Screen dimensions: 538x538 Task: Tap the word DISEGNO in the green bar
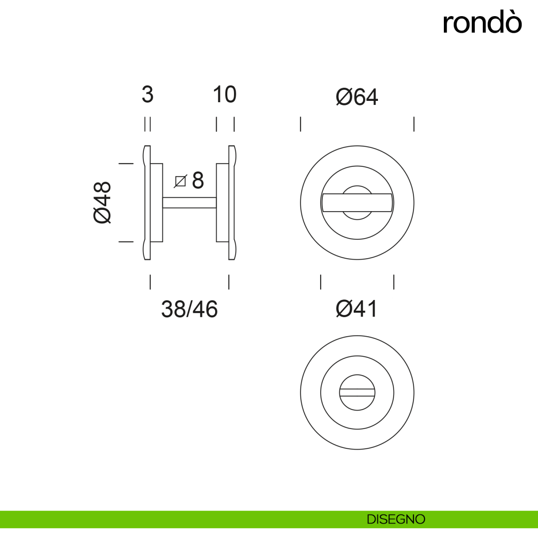pyautogui.click(x=395, y=519)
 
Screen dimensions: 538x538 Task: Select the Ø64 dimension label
pyautogui.click(x=357, y=97)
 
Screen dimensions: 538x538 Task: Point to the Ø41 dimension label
pyautogui.click(x=357, y=309)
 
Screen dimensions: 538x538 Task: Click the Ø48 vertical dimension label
pyautogui.click(x=103, y=203)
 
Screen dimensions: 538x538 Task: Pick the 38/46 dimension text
pyautogui.click(x=189, y=309)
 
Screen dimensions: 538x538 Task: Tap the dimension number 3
pyautogui.click(x=148, y=95)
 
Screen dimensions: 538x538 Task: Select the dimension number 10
pyautogui.click(x=224, y=95)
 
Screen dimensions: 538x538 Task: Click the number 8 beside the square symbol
pyautogui.click(x=198, y=181)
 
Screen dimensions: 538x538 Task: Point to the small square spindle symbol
pyautogui.click(x=180, y=181)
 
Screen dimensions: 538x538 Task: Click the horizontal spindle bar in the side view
pyautogui.click(x=189, y=203)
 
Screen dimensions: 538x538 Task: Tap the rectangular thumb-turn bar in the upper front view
pyautogui.click(x=357, y=203)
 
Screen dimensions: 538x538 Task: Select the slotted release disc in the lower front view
pyautogui.click(x=357, y=393)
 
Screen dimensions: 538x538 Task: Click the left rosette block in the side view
pyautogui.click(x=156, y=203)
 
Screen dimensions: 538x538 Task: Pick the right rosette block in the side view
pyautogui.click(x=222, y=203)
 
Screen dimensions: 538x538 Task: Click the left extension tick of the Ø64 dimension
pyautogui.click(x=300, y=124)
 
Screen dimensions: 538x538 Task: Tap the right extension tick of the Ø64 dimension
pyautogui.click(x=414, y=124)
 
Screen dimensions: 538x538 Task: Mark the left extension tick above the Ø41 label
pyautogui.click(x=321, y=282)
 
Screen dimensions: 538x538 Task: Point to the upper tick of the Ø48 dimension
pyautogui.click(x=126, y=164)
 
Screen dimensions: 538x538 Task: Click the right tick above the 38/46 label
pyautogui.click(x=229, y=282)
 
